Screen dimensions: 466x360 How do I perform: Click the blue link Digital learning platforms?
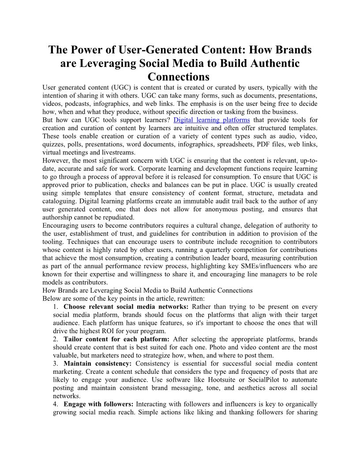point(212,120)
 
